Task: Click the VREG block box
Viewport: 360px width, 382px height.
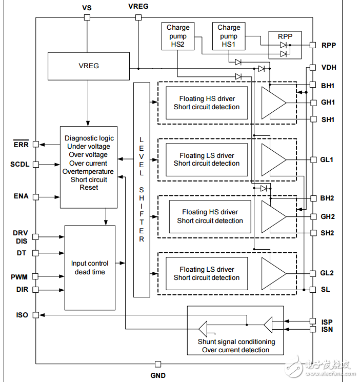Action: click(x=88, y=66)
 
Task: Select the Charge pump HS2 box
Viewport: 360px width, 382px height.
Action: click(x=178, y=36)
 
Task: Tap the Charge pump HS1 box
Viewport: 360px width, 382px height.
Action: click(x=229, y=36)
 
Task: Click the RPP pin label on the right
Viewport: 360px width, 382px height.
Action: click(x=329, y=45)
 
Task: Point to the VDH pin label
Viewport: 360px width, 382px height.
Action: click(x=329, y=67)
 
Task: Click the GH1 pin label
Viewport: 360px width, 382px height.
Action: click(x=328, y=102)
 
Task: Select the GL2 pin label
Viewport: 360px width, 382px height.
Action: click(x=328, y=273)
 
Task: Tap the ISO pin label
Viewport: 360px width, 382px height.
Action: click(x=22, y=315)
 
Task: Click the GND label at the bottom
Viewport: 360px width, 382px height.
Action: click(x=158, y=375)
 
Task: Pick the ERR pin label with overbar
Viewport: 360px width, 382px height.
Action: click(x=21, y=145)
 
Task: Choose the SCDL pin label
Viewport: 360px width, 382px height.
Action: click(x=20, y=165)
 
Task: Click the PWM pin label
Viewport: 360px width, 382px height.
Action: click(x=19, y=277)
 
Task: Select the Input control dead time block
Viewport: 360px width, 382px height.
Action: click(x=90, y=268)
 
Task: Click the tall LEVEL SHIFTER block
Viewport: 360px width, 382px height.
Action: click(x=142, y=190)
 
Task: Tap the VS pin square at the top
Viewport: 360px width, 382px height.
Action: click(x=87, y=17)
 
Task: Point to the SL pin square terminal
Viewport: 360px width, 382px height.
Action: click(x=312, y=290)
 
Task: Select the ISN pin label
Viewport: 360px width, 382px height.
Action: click(x=327, y=329)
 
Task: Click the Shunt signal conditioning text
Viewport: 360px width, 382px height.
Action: click(x=236, y=341)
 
